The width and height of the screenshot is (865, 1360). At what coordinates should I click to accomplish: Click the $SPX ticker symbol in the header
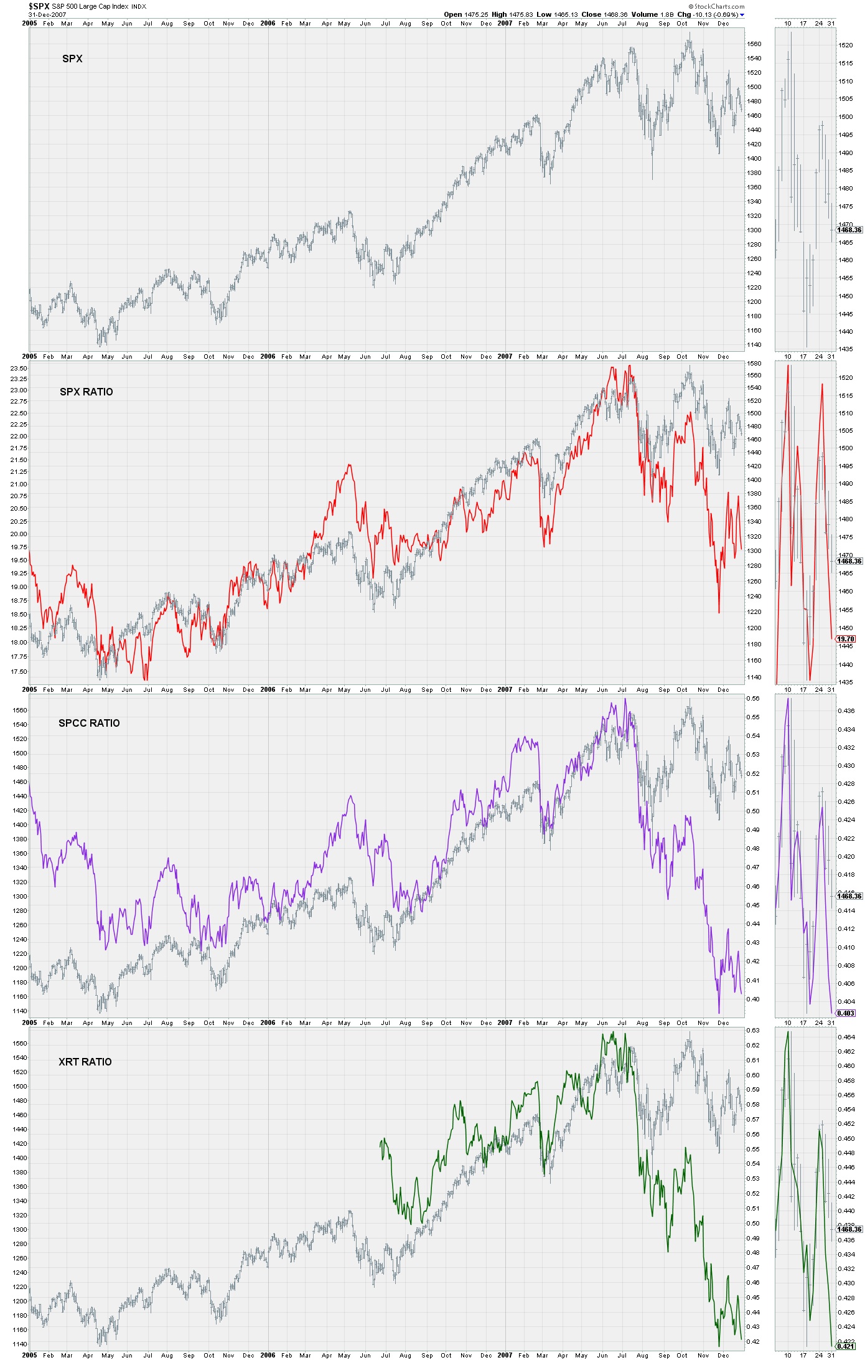[39, 6]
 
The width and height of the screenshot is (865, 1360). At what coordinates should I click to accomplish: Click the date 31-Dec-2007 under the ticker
[47, 15]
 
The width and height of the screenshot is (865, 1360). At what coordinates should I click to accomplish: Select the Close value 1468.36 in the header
[615, 14]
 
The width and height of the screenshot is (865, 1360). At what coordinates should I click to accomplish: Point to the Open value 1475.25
[476, 14]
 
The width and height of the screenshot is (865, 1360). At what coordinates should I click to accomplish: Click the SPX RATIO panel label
[86, 392]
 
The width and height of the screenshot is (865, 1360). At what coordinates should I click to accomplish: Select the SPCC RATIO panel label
[89, 723]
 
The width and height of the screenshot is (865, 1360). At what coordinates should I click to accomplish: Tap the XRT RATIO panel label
[85, 1062]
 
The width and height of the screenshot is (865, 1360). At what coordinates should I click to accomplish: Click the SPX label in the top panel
[72, 59]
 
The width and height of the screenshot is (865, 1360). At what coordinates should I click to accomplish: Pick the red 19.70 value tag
[845, 639]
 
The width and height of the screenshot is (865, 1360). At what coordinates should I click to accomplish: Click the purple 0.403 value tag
[845, 1013]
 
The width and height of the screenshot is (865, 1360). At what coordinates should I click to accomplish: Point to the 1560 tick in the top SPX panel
[754, 44]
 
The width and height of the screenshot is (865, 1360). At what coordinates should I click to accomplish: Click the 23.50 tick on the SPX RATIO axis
[18, 368]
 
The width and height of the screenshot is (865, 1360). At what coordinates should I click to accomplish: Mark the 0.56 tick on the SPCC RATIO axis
[753, 699]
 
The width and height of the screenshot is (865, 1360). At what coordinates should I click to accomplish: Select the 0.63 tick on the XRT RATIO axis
[753, 1031]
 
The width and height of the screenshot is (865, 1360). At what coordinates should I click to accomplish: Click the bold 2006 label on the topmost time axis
[268, 23]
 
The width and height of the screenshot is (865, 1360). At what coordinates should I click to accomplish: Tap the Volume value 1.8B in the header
[666, 14]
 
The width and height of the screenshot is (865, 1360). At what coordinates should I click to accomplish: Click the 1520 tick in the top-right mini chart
[845, 45]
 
